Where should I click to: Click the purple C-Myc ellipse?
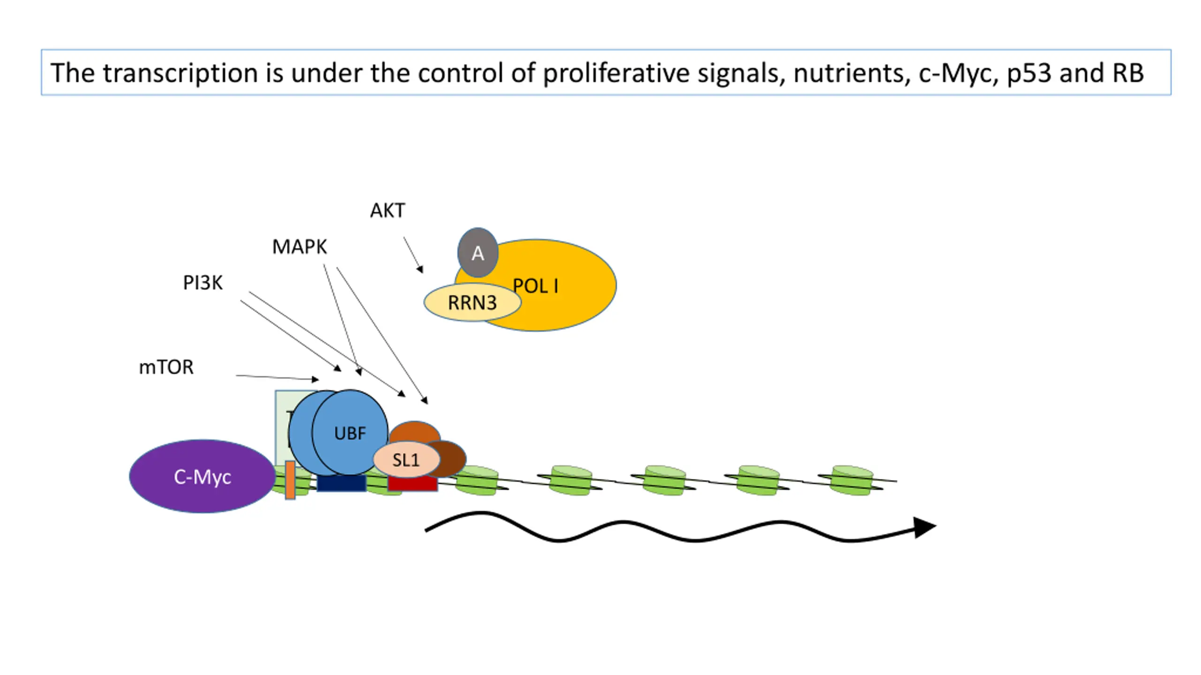(202, 476)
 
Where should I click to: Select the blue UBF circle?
(350, 433)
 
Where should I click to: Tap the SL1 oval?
(406, 460)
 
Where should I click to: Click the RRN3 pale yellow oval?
(472, 302)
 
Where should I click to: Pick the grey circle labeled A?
(478, 253)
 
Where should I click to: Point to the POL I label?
(536, 286)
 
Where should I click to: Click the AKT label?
(388, 210)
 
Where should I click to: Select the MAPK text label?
(299, 247)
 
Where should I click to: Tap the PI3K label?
(203, 283)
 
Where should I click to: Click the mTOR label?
(166, 367)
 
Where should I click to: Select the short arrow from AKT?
(413, 255)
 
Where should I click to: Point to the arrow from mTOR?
(277, 377)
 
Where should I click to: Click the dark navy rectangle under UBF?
(342, 483)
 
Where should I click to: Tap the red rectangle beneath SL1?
(413, 484)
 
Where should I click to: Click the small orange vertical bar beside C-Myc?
(290, 480)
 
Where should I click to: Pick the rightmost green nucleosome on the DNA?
(851, 480)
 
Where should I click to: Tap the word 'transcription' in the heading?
(181, 73)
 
